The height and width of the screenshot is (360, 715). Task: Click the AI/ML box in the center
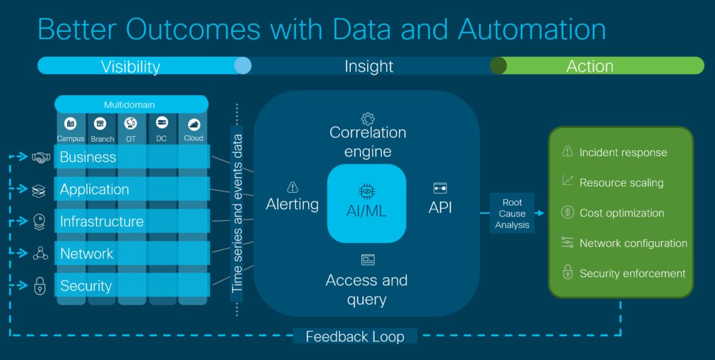[367, 203]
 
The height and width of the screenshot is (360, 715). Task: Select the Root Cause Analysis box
[512, 214]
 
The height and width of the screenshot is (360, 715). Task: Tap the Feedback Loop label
[354, 336]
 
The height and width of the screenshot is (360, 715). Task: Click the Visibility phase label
[131, 66]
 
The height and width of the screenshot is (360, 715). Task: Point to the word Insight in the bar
[368, 66]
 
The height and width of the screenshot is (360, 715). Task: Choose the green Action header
[589, 66]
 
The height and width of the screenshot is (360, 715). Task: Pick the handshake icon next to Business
[40, 157]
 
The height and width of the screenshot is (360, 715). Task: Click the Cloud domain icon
[193, 124]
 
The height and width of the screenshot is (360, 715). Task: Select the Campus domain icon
[70, 124]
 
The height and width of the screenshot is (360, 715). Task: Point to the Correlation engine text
[367, 142]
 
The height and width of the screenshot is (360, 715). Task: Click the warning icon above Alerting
[292, 188]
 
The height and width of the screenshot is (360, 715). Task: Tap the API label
[440, 207]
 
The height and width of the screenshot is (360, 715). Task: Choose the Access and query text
[367, 289]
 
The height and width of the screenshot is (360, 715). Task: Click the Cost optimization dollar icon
[567, 213]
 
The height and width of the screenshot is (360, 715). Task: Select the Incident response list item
[623, 153]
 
